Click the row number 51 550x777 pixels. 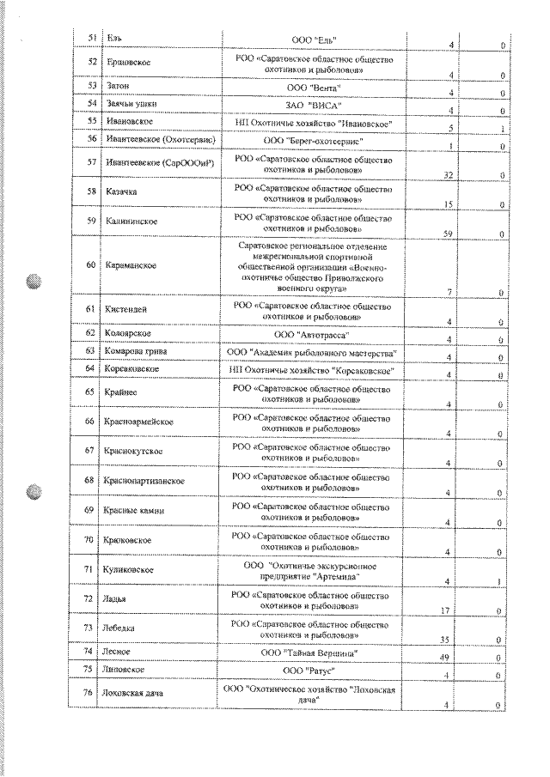pyautogui.click(x=91, y=39)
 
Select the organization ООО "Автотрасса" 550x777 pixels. pyautogui.click(x=314, y=332)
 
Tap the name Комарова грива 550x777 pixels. pyautogui.click(x=137, y=350)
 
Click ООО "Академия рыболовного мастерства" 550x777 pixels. pyautogui.click(x=314, y=351)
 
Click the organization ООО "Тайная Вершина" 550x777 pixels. pyautogui.click(x=314, y=653)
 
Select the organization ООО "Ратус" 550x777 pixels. pyautogui.click(x=314, y=669)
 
